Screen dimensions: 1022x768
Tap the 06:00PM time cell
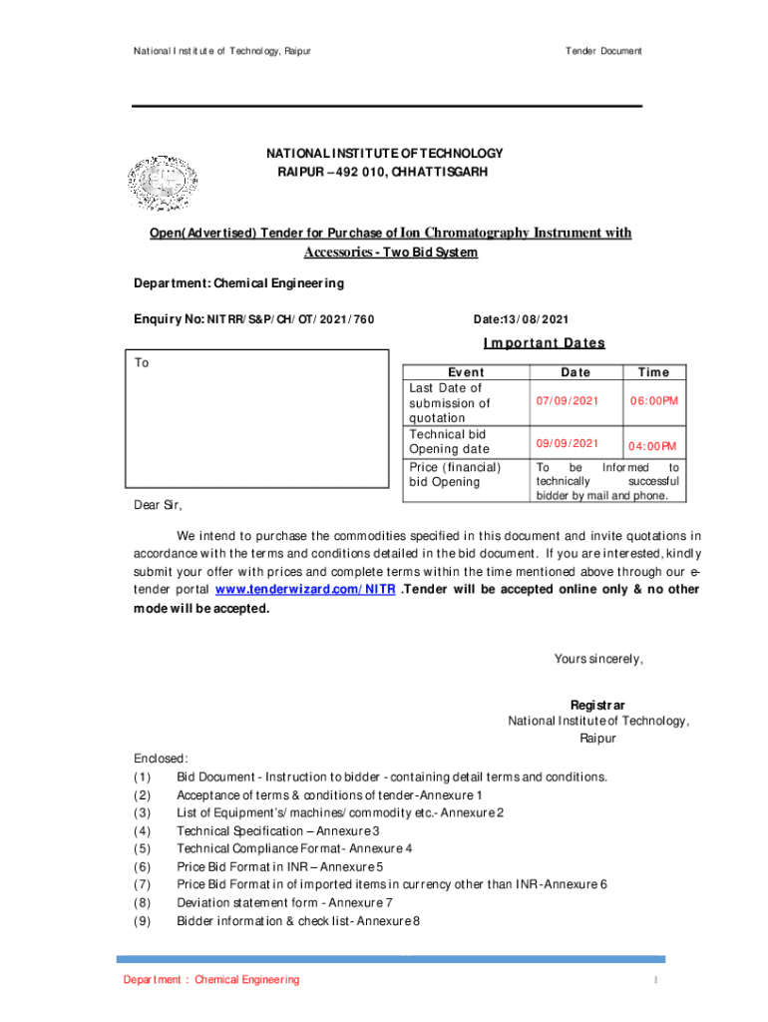[x=653, y=401]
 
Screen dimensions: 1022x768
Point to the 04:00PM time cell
[x=652, y=446]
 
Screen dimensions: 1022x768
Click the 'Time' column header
[x=653, y=372]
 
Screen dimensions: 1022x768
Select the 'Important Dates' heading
[x=544, y=343]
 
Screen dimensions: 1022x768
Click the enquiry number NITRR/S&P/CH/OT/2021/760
[x=253, y=319]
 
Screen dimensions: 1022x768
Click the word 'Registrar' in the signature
[x=597, y=705]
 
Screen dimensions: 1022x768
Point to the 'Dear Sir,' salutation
[x=159, y=505]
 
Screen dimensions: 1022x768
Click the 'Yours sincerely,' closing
[x=598, y=659]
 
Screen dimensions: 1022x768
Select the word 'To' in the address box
[x=142, y=363]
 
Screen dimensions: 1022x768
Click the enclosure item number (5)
[x=143, y=849]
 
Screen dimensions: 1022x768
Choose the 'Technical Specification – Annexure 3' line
[x=277, y=831]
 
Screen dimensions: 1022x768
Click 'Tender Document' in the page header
[x=603, y=51]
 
